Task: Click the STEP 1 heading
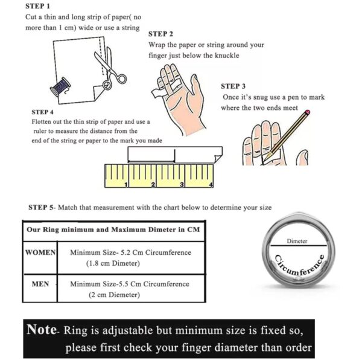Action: click(38, 6)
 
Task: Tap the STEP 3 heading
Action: click(233, 86)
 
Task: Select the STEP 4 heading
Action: click(42, 112)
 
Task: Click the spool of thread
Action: click(60, 87)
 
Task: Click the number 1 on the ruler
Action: click(125, 184)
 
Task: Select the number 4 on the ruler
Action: click(211, 184)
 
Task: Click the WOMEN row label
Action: click(40, 252)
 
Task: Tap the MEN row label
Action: click(40, 283)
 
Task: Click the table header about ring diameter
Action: click(112, 230)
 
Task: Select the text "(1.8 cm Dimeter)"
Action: click(114, 263)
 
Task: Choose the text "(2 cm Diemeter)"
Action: click(113, 295)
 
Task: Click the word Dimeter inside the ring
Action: click(297, 241)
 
